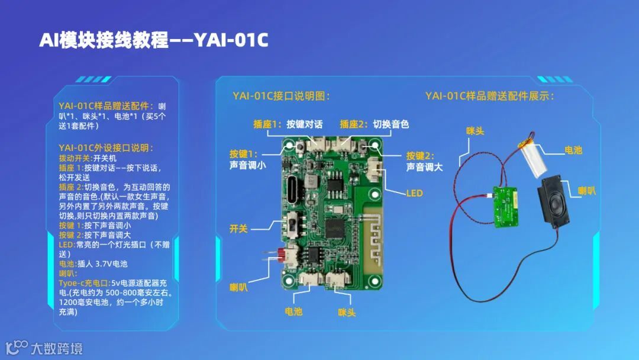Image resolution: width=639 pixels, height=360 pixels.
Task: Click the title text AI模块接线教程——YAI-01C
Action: pyautogui.click(x=154, y=40)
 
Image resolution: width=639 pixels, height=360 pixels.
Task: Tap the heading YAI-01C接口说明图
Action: pyautogui.click(x=281, y=96)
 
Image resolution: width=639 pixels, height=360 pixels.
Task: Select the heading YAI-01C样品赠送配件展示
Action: pyautogui.click(x=490, y=96)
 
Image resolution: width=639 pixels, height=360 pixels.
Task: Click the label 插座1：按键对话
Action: pyautogui.click(x=288, y=124)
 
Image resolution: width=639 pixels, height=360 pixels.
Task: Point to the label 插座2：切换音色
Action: pyautogui.click(x=374, y=124)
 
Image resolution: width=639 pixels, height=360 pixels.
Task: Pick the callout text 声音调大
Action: pyautogui.click(x=424, y=167)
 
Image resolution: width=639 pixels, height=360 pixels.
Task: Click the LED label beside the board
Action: pyautogui.click(x=414, y=193)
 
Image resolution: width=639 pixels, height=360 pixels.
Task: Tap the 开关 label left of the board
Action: pyautogui.click(x=238, y=228)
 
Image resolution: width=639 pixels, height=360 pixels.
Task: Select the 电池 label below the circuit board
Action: pyautogui.click(x=293, y=311)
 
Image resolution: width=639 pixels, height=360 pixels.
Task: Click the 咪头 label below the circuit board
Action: pyautogui.click(x=347, y=312)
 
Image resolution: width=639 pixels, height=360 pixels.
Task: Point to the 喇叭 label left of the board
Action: pyautogui.click(x=238, y=288)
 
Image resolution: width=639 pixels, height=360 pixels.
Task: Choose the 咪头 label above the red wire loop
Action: pyautogui.click(x=475, y=131)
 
